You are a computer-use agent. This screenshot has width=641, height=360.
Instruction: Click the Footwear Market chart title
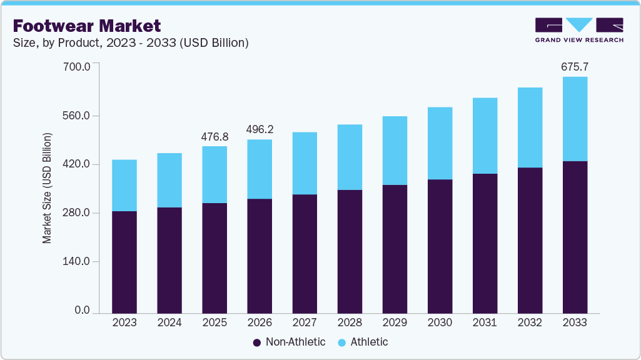pyautogui.click(x=87, y=26)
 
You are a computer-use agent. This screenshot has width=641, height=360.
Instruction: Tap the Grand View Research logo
pyautogui.click(x=579, y=30)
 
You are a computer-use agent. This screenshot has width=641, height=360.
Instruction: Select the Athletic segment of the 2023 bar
pyautogui.click(x=124, y=185)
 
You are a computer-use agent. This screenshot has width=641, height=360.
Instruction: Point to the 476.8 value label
pyautogui.click(x=215, y=136)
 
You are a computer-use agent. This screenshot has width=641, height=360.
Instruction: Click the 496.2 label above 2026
pyautogui.click(x=260, y=129)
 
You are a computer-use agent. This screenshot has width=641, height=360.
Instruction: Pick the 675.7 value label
pyautogui.click(x=575, y=66)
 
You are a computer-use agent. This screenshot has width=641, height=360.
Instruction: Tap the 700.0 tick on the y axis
pyautogui.click(x=78, y=66)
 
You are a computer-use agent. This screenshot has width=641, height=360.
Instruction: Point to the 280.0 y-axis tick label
pyautogui.click(x=78, y=213)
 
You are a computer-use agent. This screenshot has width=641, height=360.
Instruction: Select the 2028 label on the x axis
pyautogui.click(x=350, y=322)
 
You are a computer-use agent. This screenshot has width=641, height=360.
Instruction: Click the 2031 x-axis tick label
pyautogui.click(x=485, y=322)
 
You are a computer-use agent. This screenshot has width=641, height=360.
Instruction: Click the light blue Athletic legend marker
pyautogui.click(x=342, y=342)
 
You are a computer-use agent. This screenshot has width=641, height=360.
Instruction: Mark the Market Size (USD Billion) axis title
pyautogui.click(x=47, y=188)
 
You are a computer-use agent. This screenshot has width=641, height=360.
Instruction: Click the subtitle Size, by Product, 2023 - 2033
pyautogui.click(x=131, y=43)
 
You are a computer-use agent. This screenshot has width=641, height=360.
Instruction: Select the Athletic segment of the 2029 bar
pyautogui.click(x=395, y=150)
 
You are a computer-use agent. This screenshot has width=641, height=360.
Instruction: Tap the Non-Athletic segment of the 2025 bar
pyautogui.click(x=215, y=257)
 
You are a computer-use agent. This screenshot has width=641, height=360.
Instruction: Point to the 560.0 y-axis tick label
pyautogui.click(x=78, y=116)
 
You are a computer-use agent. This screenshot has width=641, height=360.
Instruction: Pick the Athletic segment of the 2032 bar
pyautogui.click(x=530, y=127)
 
